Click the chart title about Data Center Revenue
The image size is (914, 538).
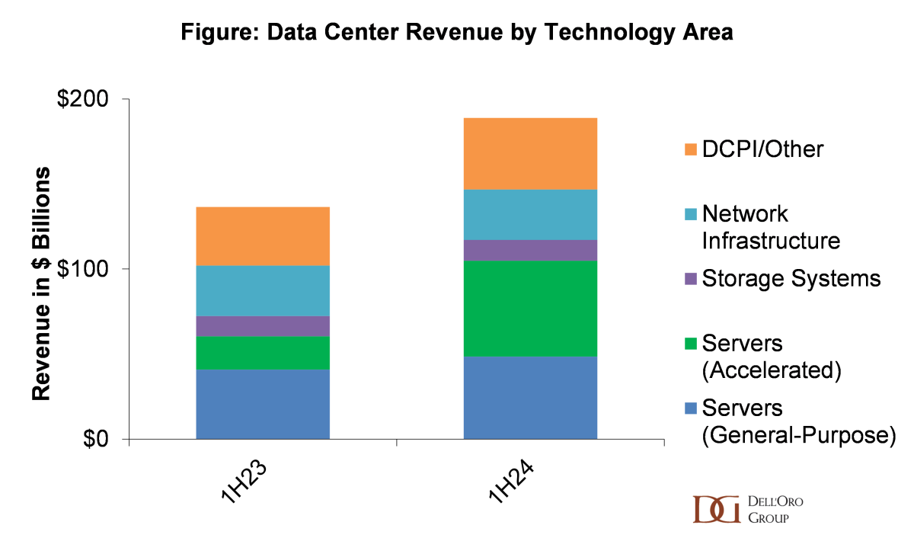point(457,34)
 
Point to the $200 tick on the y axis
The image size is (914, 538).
point(84,100)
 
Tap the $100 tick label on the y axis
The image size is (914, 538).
point(84,270)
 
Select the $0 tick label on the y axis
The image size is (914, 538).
point(98,440)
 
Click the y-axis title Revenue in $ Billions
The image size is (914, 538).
point(40,282)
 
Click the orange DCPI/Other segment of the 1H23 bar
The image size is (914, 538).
point(263,236)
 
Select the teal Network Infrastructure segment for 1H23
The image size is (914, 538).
point(263,290)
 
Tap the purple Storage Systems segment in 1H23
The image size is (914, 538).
point(263,326)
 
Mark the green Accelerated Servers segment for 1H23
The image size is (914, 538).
point(263,353)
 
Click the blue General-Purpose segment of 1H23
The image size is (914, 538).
point(263,404)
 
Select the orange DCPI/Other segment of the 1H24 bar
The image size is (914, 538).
point(530,153)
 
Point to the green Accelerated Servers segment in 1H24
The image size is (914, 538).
point(530,309)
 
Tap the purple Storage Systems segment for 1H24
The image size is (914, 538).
point(530,250)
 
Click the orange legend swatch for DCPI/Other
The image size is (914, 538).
point(691,149)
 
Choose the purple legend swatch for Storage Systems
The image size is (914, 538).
point(691,279)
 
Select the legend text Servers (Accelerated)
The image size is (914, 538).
point(770,357)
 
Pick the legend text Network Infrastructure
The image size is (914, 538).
point(770,227)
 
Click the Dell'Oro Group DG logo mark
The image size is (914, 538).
point(716,509)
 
